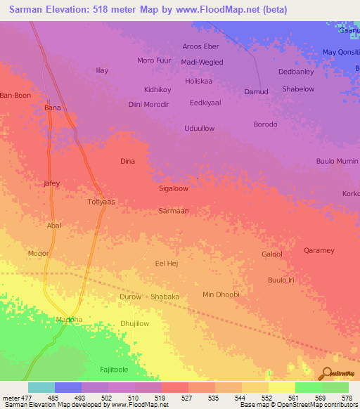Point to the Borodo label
[x=265, y=124]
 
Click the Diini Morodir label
[x=149, y=105]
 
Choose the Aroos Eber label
[x=201, y=46]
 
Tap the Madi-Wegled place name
[x=202, y=62]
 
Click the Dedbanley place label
[x=295, y=72]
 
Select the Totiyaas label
[x=101, y=202]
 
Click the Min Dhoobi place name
[x=221, y=294]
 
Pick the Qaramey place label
[x=319, y=251]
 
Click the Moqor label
[x=38, y=252]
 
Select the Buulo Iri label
[x=280, y=280]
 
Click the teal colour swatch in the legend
[x=41, y=387]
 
